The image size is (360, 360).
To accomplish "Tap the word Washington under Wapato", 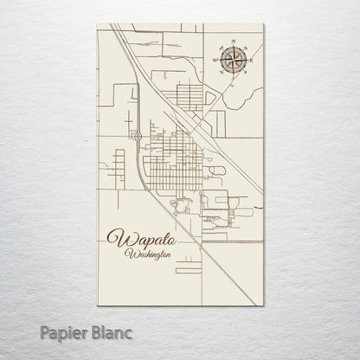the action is click(x=147, y=254).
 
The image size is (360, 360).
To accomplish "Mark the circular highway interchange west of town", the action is click(x=137, y=136).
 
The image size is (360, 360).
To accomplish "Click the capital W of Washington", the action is click(x=128, y=254).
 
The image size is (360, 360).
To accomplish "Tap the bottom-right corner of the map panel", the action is click(x=263, y=299).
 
